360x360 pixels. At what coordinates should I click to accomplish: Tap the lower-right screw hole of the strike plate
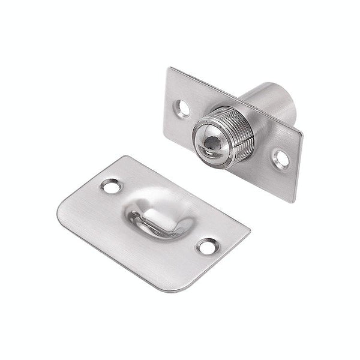click(x=207, y=246)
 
